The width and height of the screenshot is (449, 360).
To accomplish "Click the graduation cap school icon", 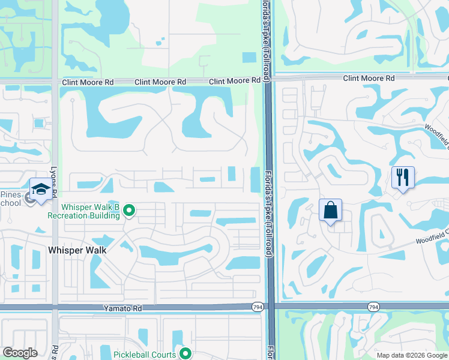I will tap(41, 189).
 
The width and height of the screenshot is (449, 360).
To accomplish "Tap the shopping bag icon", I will tap(330, 211).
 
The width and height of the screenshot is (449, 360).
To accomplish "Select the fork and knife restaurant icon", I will tap(402, 177).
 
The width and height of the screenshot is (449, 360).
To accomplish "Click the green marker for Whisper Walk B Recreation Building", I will tap(129, 211).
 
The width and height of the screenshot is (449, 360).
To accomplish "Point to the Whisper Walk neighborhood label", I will tap(77, 250).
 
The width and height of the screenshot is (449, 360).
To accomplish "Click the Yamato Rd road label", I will tap(127, 308).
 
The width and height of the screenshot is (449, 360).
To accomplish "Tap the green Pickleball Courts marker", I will tap(185, 354).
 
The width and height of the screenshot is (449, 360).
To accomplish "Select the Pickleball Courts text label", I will tap(145, 355).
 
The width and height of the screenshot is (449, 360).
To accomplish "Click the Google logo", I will tap(20, 353).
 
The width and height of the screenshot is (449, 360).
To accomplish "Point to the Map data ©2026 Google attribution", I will tap(411, 355).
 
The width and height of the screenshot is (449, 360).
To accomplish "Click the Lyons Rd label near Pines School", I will tap(54, 180).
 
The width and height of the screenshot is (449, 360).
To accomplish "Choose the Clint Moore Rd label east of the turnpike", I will tap(369, 78).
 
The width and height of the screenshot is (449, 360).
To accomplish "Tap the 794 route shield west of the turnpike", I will tap(258, 307).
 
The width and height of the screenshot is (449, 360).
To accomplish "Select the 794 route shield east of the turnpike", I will tap(373, 307).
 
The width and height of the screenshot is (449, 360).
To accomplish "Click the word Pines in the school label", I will tap(11, 195).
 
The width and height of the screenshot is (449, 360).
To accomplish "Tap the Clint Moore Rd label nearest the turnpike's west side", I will tap(235, 82).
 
